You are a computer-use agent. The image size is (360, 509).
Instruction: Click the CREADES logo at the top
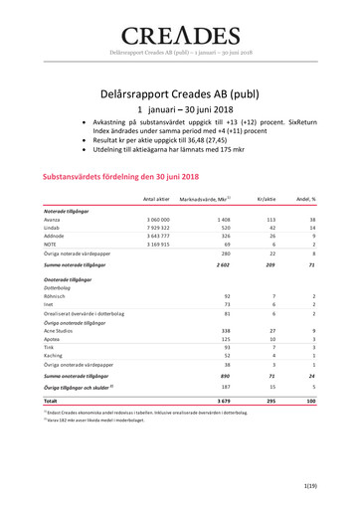tap(180, 37)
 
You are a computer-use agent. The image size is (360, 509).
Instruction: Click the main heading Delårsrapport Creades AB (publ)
tap(180, 94)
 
